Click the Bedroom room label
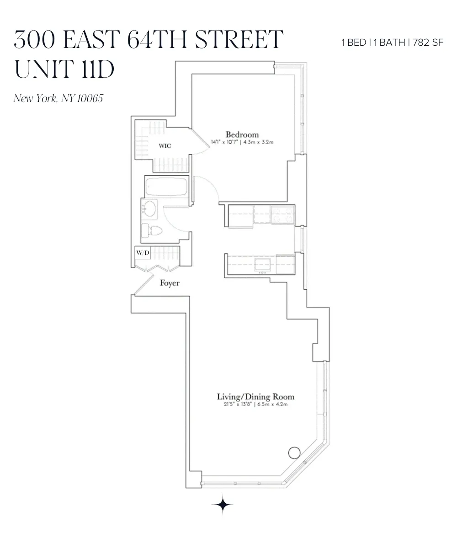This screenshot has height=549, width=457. (242, 135)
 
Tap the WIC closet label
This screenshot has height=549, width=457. (165, 146)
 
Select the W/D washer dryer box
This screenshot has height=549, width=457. (143, 253)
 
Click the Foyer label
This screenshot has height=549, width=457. (170, 283)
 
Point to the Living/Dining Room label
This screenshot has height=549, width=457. (255, 397)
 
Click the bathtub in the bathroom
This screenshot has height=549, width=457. (166, 187)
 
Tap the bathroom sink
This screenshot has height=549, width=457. (149, 209)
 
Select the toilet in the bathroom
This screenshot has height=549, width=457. (151, 231)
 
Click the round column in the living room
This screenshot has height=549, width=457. (294, 453)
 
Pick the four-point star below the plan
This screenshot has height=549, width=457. (223, 505)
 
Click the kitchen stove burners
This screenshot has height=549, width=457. (282, 215)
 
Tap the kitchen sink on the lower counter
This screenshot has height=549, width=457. (262, 264)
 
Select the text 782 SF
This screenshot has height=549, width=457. (428, 43)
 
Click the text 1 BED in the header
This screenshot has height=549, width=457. (354, 43)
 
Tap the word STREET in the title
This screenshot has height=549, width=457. (239, 39)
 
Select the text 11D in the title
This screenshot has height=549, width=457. (98, 69)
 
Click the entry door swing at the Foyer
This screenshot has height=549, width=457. (143, 284)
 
